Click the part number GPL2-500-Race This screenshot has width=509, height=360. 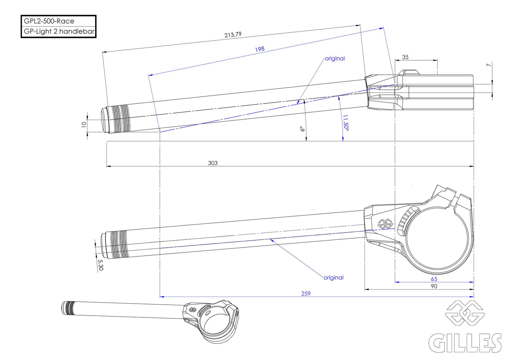tap(49, 21)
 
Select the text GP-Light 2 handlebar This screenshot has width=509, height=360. tap(59, 31)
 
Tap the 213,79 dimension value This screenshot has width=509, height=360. tap(233, 35)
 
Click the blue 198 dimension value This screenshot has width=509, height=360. tap(260, 49)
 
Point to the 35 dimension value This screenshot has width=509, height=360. tap(405, 57)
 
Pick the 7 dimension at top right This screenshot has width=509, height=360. tap(488, 65)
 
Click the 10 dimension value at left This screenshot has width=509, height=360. tap(84, 124)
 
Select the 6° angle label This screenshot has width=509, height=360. tap(302, 129)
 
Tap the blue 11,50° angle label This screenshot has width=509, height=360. tap(345, 123)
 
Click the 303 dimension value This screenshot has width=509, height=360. tap(213, 163)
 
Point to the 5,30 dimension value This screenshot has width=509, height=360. tap(100, 265)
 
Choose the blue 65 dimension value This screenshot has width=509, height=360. tap(434, 279)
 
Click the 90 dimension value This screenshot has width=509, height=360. tap(434, 286)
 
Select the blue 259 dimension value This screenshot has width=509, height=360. tap(306, 293)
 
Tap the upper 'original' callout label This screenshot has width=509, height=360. tap(335, 58)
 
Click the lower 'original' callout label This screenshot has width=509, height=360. tap(333, 278)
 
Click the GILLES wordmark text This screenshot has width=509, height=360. tap(465, 343)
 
